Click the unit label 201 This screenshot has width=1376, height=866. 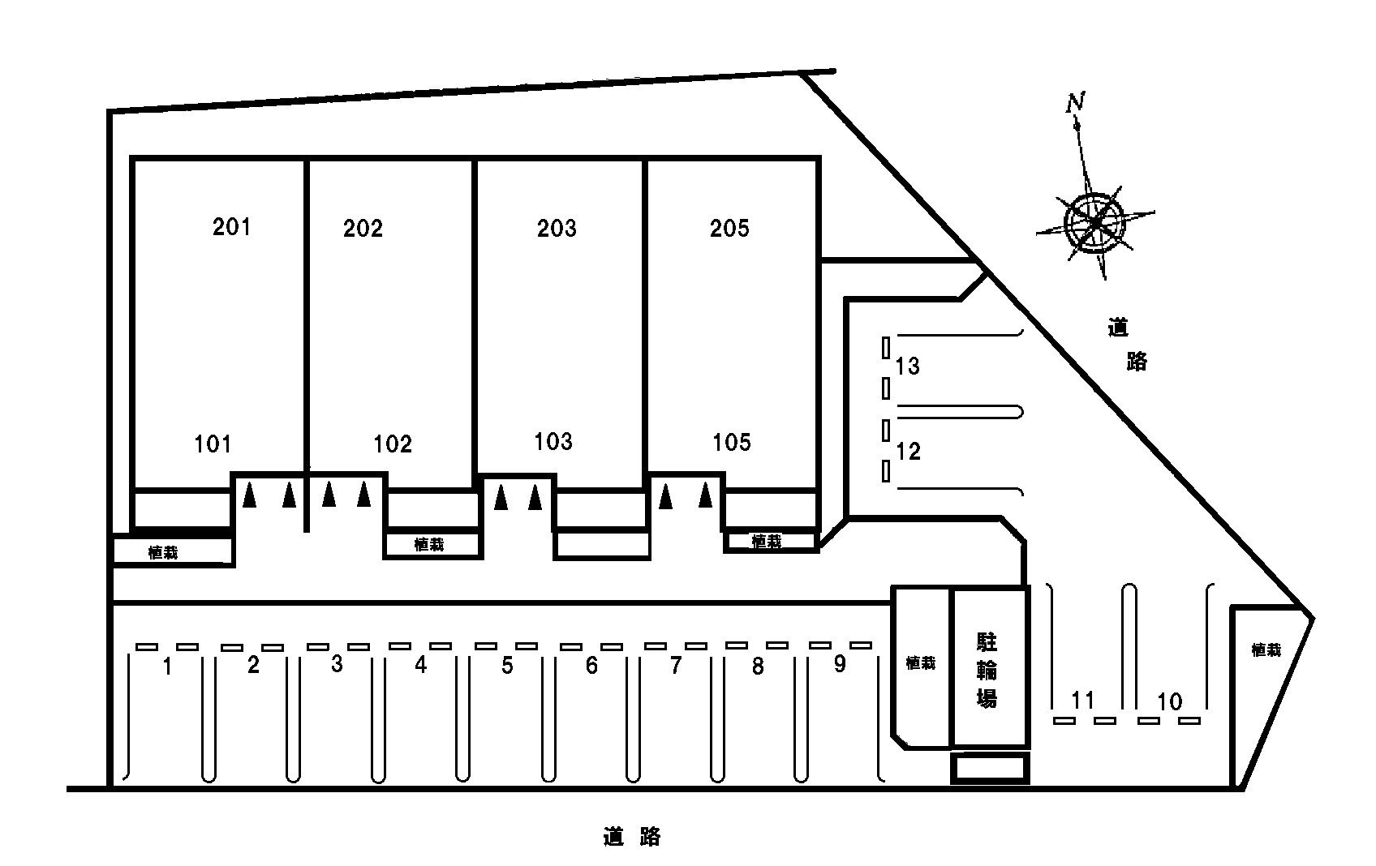coord(231,227)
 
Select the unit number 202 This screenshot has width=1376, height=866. coord(363,229)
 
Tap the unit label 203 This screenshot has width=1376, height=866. coord(557,229)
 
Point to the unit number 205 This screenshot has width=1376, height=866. coord(729,229)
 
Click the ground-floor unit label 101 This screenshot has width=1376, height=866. coord(213,444)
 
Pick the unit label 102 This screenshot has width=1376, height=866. coord(393,444)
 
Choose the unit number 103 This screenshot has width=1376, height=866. coord(553,441)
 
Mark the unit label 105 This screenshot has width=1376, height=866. coord(732,442)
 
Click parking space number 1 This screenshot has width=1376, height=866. coord(167,666)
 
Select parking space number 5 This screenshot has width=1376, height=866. coord(507,666)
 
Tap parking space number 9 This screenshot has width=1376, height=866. coord(840,663)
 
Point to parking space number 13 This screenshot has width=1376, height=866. coord(907,367)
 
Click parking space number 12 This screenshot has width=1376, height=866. coord(909,452)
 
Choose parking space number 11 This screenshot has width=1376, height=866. coord(1083,700)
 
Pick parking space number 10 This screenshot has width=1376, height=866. coord(1170,701)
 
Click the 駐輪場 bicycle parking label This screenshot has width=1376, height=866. coord(987,671)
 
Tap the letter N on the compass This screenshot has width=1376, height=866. coord(1075,102)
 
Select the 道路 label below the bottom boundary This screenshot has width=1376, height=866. coord(631,837)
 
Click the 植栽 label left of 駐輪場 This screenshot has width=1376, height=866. coord(920,662)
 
